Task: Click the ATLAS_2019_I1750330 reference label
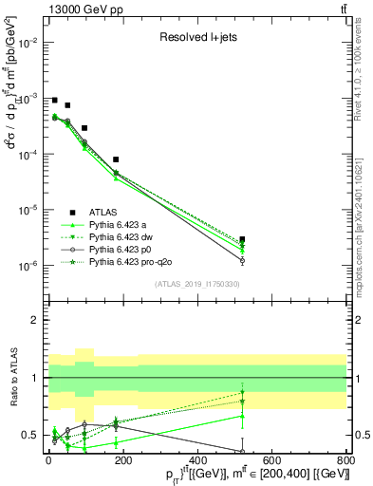[196, 284]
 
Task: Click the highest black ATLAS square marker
[55, 100]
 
